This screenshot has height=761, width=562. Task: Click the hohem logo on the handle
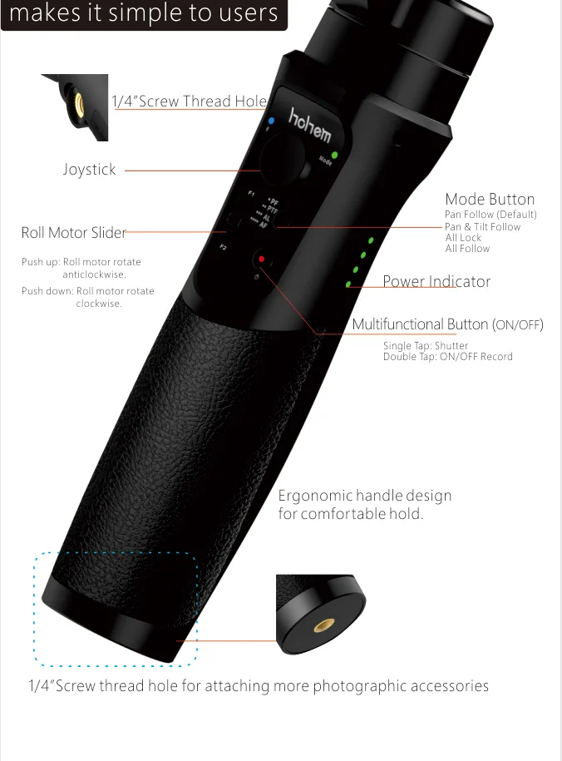309,125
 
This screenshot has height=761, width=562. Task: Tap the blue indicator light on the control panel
270,121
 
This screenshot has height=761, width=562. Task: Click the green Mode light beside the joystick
334,155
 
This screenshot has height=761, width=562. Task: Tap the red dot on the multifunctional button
261,259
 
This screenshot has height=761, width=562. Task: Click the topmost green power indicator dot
371,241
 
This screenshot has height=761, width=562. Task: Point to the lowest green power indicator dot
349,284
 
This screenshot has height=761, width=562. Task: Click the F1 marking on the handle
251,194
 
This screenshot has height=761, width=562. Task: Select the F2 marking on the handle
223,247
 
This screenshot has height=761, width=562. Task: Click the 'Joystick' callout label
90,170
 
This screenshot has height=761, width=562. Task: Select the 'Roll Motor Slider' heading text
74,233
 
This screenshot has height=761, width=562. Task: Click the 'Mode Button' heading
490,199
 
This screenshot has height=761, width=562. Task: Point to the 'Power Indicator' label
436,281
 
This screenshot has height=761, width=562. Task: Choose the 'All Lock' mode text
463,237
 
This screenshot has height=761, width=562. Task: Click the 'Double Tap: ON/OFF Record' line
447,357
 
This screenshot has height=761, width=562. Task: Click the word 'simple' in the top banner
144,13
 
